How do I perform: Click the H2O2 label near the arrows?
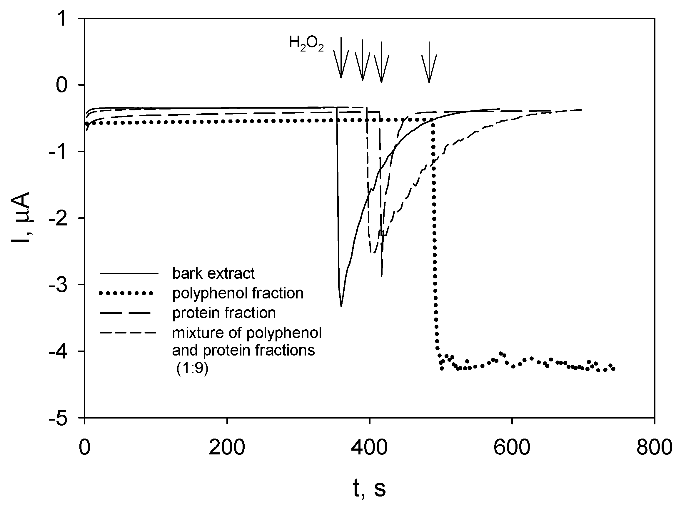(306, 43)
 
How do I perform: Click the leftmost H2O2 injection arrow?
(341, 59)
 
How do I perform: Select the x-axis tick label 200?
(227, 447)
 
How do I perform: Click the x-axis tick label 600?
(512, 447)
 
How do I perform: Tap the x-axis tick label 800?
(654, 447)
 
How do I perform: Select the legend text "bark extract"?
(213, 273)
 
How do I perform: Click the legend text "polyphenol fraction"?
(238, 293)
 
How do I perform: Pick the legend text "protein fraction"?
(224, 313)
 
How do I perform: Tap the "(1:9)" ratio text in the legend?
(192, 368)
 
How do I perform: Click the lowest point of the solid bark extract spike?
(341, 306)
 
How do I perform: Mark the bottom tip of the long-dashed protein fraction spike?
(382, 275)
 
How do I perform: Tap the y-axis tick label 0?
(61, 85)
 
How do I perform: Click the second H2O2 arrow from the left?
(363, 60)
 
